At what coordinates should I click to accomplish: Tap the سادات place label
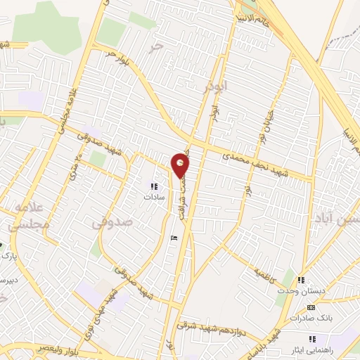tap(153, 198)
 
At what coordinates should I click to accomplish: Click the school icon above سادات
tap(153, 186)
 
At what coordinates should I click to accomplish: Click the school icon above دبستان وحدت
tap(302, 281)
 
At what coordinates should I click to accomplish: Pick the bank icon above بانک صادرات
tap(311, 307)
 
